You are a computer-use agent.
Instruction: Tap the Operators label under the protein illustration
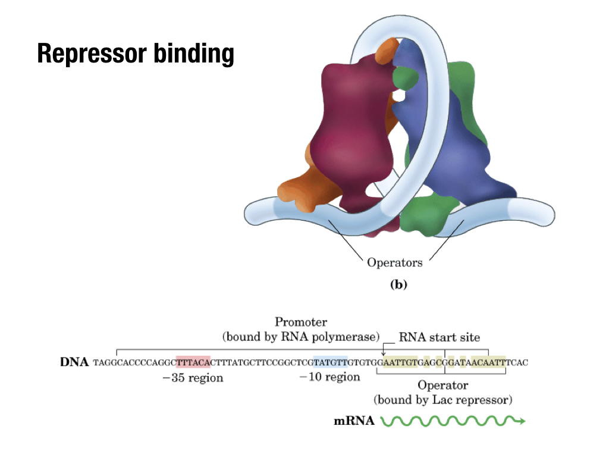tap(395, 262)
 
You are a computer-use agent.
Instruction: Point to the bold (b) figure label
tap(398, 284)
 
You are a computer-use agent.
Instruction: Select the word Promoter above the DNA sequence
tap(301, 322)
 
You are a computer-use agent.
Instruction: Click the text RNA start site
tap(439, 337)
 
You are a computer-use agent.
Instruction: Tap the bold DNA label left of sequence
tap(74, 362)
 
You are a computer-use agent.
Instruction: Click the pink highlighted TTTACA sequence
tap(193, 362)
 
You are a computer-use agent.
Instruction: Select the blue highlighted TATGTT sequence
tap(331, 362)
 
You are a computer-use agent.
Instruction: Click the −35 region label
tap(193, 378)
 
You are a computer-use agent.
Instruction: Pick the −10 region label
tap(329, 377)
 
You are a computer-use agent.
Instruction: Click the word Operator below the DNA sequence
tap(442, 385)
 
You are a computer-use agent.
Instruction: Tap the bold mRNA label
tap(354, 421)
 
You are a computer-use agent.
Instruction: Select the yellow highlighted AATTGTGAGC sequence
tap(411, 362)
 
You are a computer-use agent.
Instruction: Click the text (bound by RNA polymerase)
tap(301, 337)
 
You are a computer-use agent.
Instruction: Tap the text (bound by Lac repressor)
tap(442, 399)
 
